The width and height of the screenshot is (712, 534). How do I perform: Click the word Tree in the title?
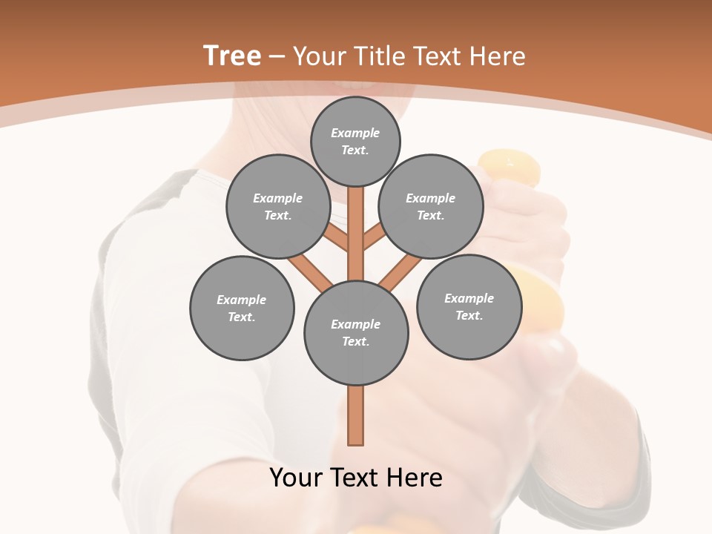click(232, 56)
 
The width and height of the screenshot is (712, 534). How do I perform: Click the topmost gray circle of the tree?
click(355, 141)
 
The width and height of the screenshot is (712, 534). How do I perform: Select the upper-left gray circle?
click(278, 206)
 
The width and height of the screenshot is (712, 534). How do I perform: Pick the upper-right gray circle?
click(431, 206)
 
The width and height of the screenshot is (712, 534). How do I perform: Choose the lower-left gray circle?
click(242, 308)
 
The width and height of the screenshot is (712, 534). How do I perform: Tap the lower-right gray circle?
click(469, 306)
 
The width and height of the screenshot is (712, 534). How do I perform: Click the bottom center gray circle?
click(356, 333)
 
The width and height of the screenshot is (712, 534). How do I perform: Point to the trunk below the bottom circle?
click(356, 415)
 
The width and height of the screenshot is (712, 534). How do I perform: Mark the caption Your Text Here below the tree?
click(356, 478)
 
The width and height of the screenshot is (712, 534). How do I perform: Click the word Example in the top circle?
click(355, 133)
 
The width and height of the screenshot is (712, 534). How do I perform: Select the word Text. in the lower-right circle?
click(469, 315)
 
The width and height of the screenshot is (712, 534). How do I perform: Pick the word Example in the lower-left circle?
click(242, 300)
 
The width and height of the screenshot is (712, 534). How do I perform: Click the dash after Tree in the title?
click(277, 57)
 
